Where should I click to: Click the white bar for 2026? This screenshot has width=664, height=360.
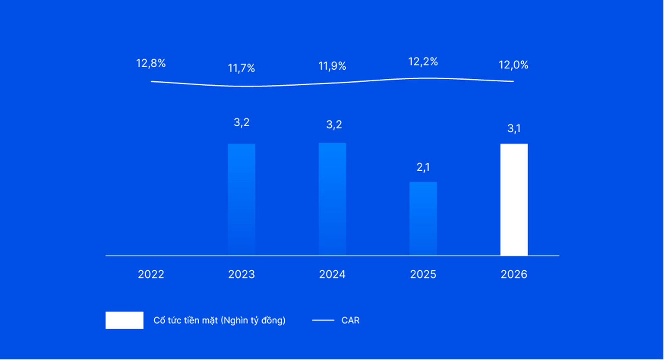click(x=514, y=199)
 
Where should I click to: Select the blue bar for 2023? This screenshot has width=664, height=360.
click(x=242, y=199)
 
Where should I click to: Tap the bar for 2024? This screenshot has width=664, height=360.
click(x=332, y=199)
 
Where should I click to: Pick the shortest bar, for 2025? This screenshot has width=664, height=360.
click(x=423, y=218)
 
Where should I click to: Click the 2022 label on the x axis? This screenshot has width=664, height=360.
click(x=151, y=274)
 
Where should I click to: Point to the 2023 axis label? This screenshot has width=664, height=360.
click(x=242, y=274)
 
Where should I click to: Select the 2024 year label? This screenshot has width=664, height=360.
click(x=332, y=274)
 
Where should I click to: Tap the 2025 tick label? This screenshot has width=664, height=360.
click(x=423, y=274)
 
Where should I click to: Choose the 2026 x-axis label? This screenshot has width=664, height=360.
click(x=514, y=274)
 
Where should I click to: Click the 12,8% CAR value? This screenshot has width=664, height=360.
click(x=151, y=63)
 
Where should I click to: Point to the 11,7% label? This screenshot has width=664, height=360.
click(x=242, y=68)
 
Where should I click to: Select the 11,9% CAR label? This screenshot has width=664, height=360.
click(x=332, y=66)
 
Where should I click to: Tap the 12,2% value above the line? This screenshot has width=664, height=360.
click(x=423, y=61)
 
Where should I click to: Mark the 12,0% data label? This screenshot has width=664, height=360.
click(x=513, y=65)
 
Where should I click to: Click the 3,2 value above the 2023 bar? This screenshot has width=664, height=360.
click(x=242, y=122)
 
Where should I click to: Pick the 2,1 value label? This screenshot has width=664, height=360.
click(x=423, y=167)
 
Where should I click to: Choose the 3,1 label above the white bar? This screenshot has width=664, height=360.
click(x=514, y=129)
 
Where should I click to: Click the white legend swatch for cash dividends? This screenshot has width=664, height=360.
click(x=124, y=320)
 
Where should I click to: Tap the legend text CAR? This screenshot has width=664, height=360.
click(x=350, y=320)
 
